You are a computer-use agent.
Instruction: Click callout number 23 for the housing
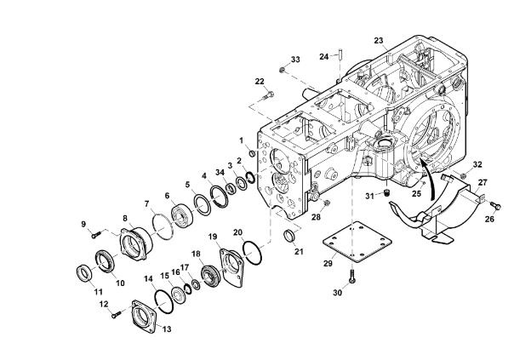coord(379,41)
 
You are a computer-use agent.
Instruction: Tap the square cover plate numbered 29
coord(357,242)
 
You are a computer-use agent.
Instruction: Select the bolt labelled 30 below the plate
coord(352,277)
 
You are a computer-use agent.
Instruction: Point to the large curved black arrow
coord(427,180)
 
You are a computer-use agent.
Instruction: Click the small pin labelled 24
coord(340,54)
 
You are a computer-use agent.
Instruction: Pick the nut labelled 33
coord(282,70)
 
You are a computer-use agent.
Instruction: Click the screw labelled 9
coord(96,234)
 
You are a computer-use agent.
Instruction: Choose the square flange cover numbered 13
coord(145,316)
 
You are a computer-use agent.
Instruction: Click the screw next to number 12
coord(116,315)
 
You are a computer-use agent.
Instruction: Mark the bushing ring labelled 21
coord(288,236)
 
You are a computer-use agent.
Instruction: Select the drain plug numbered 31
coord(387,193)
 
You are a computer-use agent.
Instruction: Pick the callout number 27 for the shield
coord(482,182)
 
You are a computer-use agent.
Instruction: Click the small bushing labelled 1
coord(252,154)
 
